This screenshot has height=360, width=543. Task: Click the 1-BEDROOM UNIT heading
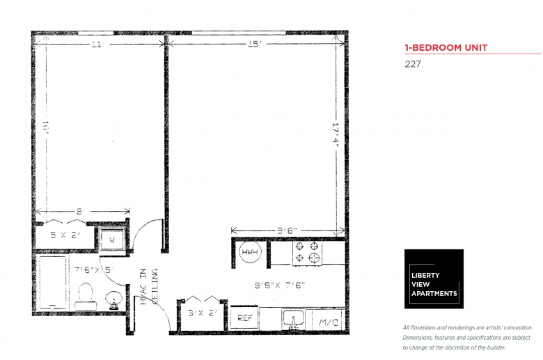pyautogui.click(x=446, y=48)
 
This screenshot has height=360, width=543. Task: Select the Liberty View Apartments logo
pyautogui.click(x=434, y=279)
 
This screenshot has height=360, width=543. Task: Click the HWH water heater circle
pyautogui.click(x=249, y=252)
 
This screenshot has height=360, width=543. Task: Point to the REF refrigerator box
pyautogui.click(x=244, y=318)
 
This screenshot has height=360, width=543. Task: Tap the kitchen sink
pyautogui.click(x=294, y=320)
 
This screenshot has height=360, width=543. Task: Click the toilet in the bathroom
pyautogui.click(x=86, y=295)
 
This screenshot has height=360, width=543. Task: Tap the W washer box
pyautogui.click(x=111, y=239)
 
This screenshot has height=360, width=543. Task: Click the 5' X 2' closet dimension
pyautogui.click(x=66, y=235)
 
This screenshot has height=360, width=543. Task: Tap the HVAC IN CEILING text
pyautogui.click(x=149, y=286)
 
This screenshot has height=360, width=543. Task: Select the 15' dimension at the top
pyautogui.click(x=253, y=45)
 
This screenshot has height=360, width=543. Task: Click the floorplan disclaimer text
pyautogui.click(x=467, y=337)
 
